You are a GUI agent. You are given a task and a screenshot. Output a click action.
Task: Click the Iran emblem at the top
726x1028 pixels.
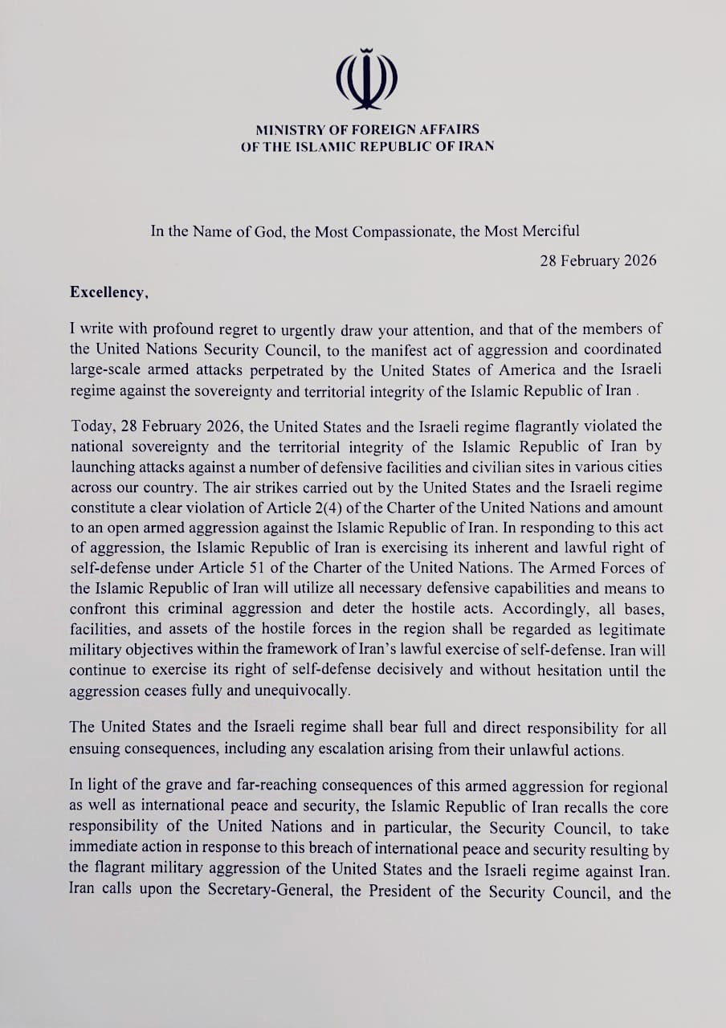coord(366,80)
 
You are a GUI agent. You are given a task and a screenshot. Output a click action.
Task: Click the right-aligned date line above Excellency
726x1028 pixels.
coord(598,260)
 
